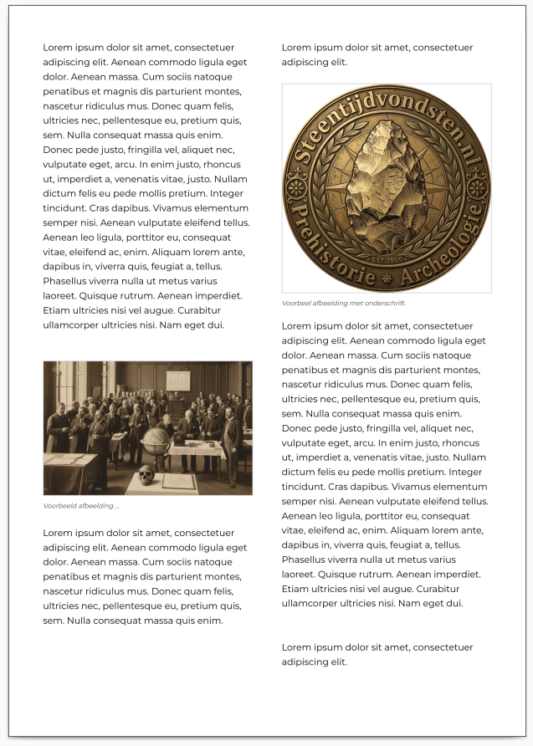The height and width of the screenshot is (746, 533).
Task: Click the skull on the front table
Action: pyautogui.click(x=146, y=476)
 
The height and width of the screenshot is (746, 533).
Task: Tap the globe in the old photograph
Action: pyautogui.click(x=156, y=441)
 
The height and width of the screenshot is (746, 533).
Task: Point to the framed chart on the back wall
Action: pyautogui.click(x=177, y=382)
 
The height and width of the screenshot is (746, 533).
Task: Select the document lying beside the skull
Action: pyautogui.click(x=179, y=481)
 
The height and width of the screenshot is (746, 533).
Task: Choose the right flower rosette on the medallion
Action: pyautogui.click(x=479, y=185)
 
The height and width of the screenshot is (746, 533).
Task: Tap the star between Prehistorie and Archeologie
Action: pyautogui.click(x=386, y=275)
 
